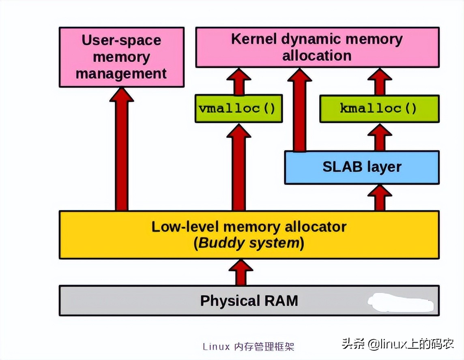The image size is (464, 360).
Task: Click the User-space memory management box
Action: (x=121, y=57)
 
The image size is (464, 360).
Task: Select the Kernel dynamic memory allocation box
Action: (x=317, y=47)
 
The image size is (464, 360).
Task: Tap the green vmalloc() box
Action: (x=238, y=109)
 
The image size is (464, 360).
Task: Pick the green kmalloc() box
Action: (x=379, y=109)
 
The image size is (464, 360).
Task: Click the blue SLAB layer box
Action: (x=361, y=167)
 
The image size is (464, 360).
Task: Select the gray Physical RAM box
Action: (x=249, y=301)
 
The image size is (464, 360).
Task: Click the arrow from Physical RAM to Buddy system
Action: (x=241, y=272)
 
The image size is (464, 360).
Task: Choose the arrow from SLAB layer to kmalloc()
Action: (x=380, y=137)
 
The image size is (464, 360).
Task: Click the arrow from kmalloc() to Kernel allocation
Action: (x=380, y=81)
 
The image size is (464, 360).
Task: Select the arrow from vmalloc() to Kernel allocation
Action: (x=239, y=81)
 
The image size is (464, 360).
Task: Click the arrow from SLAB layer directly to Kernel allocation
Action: (x=300, y=109)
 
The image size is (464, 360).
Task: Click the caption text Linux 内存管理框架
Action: (x=248, y=347)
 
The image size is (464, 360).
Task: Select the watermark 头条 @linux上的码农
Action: (x=397, y=344)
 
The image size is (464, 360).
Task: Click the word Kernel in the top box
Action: (x=254, y=39)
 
